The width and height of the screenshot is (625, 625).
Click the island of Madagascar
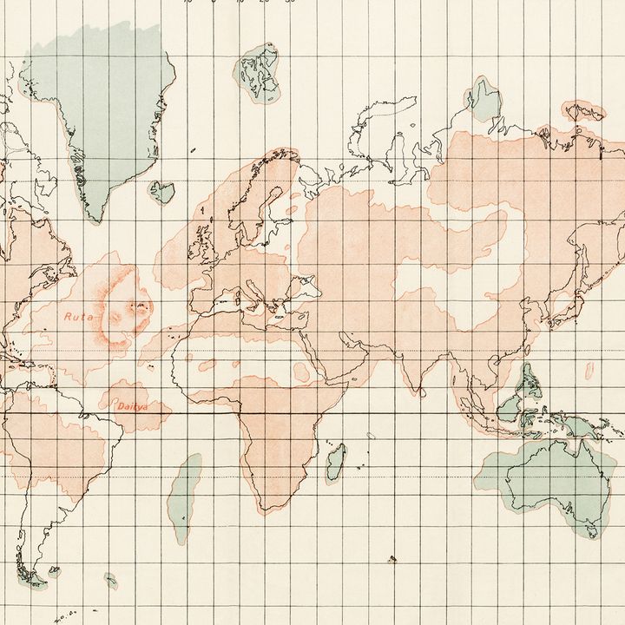[x=335, y=462]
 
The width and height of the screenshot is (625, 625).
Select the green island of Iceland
[x=161, y=191]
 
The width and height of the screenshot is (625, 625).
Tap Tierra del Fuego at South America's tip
[x=35, y=577]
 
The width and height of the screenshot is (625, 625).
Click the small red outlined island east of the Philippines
[x=590, y=371]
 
